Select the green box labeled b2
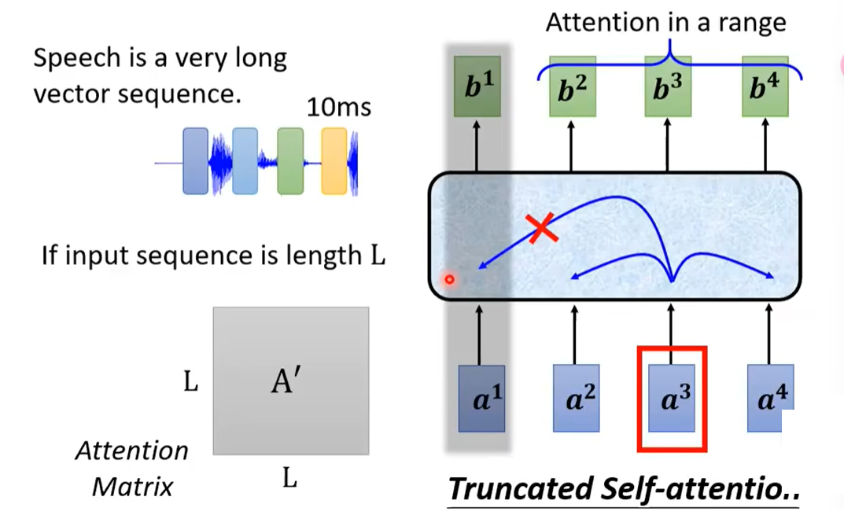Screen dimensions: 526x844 573,87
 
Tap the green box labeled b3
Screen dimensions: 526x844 669,87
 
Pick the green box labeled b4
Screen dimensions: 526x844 765,87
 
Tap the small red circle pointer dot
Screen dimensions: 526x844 449,279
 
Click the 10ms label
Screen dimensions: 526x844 338,106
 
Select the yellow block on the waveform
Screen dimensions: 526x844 334,161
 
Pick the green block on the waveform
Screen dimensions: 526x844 289,161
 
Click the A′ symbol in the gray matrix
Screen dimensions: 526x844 286,382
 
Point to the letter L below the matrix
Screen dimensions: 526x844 289,478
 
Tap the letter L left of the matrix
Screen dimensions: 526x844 190,383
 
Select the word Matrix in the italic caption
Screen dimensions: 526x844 132,487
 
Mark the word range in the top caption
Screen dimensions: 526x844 754,22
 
